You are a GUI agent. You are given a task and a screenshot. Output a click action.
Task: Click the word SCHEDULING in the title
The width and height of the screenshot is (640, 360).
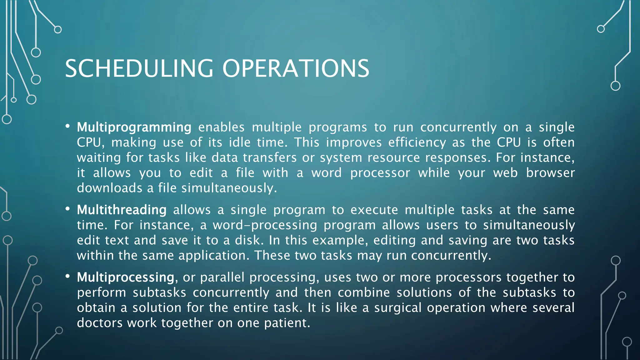(x=139, y=68)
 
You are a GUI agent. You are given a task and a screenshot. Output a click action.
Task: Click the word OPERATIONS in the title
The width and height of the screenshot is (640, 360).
(x=296, y=68)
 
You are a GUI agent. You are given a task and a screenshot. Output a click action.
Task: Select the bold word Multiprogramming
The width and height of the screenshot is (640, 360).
(x=134, y=127)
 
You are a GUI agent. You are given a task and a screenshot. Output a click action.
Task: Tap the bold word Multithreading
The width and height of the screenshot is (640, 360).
(x=122, y=210)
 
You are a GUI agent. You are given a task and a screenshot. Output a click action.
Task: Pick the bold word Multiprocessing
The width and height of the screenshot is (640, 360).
(x=126, y=277)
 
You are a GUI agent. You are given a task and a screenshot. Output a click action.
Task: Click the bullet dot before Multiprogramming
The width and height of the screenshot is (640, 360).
(x=67, y=126)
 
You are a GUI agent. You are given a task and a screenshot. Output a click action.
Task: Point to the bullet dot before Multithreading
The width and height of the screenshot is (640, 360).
(x=67, y=209)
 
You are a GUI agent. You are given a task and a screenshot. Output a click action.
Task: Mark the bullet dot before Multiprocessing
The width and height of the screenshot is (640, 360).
(x=67, y=276)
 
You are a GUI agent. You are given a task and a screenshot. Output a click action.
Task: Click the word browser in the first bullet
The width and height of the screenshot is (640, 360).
(x=550, y=173)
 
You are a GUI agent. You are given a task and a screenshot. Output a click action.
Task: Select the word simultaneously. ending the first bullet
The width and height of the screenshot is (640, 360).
(x=229, y=188)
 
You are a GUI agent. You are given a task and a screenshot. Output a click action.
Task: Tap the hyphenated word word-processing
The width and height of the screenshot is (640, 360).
(x=265, y=225)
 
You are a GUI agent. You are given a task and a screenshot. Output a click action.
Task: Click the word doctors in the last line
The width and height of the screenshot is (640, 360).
(x=100, y=323)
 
